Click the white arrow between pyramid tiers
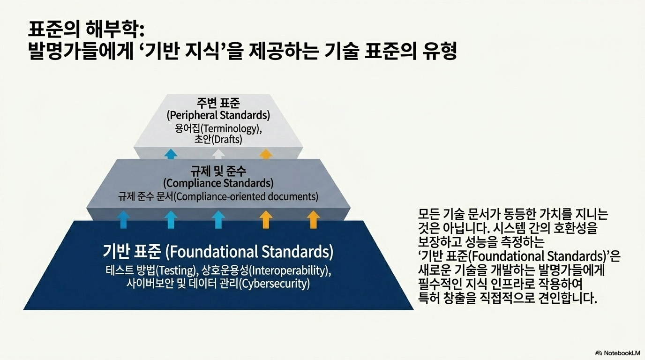pyautogui.click(x=218, y=154)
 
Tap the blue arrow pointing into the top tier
pyautogui.click(x=171, y=154)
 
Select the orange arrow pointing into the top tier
pyautogui.click(x=266, y=154)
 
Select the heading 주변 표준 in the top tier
pyautogui.click(x=218, y=103)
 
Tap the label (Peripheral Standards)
pyautogui.click(x=218, y=115)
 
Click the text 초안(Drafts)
pyautogui.click(x=218, y=140)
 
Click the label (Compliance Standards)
pyautogui.click(x=218, y=183)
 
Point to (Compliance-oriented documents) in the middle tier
pyautogui.click(x=246, y=197)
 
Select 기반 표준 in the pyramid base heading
pyautogui.click(x=132, y=251)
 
